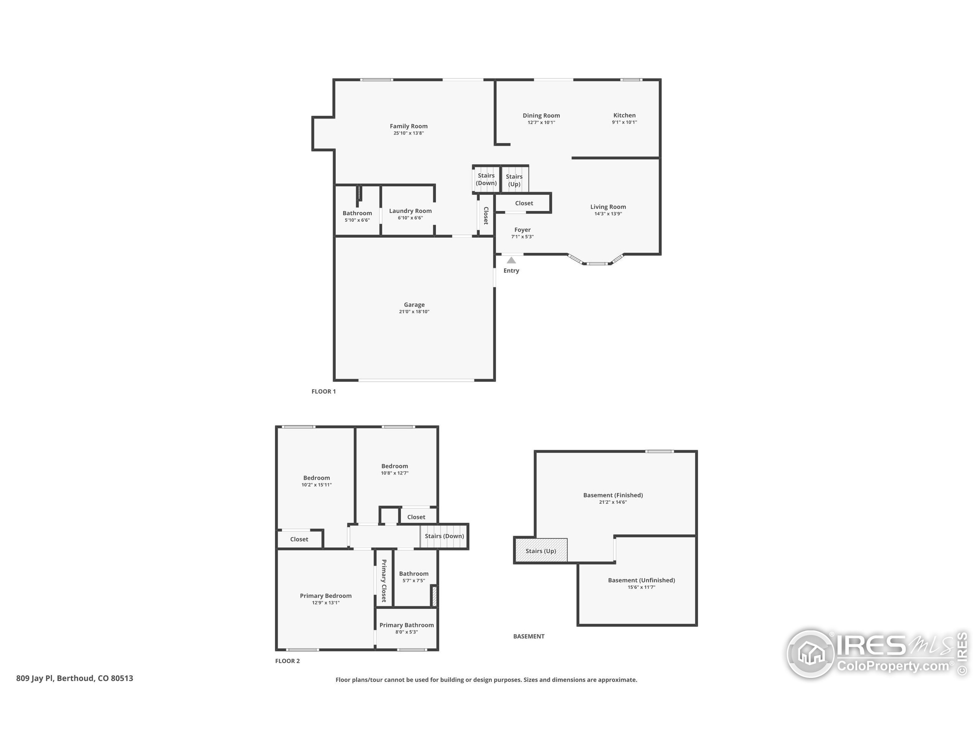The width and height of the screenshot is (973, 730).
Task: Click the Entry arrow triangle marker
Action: click(x=511, y=260)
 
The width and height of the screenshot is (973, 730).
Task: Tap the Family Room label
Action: click(x=408, y=126)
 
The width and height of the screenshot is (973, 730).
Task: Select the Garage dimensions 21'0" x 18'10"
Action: click(x=414, y=311)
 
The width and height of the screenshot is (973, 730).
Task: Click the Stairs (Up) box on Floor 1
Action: click(x=514, y=179)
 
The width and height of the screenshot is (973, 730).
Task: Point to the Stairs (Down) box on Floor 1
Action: click(x=486, y=179)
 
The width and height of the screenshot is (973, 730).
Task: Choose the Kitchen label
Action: click(x=624, y=115)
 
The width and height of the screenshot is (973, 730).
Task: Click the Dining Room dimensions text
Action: click(x=541, y=122)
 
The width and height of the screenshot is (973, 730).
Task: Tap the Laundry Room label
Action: click(x=410, y=211)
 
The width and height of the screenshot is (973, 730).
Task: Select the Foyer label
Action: click(x=522, y=230)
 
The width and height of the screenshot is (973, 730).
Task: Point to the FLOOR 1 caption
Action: click(x=323, y=391)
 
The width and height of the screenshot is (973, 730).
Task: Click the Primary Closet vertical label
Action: click(x=383, y=581)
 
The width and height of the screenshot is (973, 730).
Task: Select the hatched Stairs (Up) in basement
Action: click(x=540, y=551)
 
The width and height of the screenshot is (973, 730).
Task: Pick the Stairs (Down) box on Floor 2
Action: click(x=444, y=536)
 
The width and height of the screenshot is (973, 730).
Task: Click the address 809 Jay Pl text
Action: click(x=74, y=678)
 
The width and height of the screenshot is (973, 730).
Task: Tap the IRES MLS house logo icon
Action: click(x=810, y=654)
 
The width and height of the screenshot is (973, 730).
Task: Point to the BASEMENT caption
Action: click(x=528, y=636)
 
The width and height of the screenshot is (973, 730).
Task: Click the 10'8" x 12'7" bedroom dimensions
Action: click(x=394, y=473)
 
